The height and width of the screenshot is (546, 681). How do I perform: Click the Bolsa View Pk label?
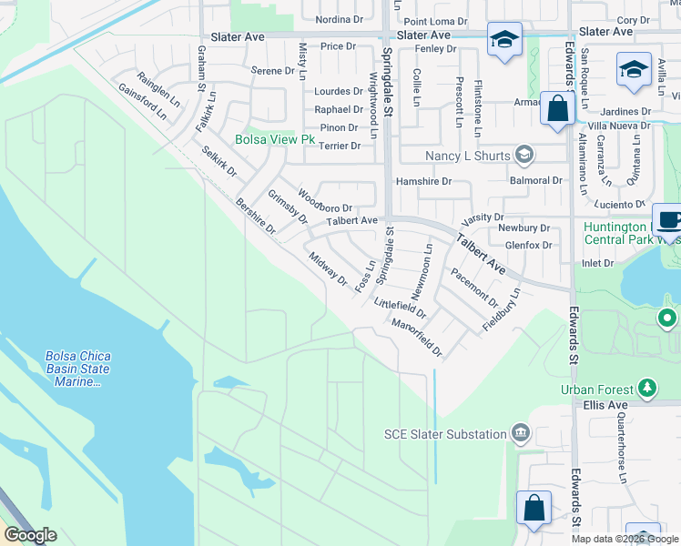pyautogui.click(x=274, y=140)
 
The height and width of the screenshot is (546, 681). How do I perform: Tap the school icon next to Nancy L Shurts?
pyautogui.click(x=523, y=154)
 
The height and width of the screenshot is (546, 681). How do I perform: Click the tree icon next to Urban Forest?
pyautogui.click(x=647, y=389)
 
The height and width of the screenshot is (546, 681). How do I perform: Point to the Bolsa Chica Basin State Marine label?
pyautogui.click(x=77, y=369)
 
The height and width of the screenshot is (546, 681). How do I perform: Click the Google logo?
pyautogui.click(x=30, y=535)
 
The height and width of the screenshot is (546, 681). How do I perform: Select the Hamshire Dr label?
pyautogui.click(x=423, y=181)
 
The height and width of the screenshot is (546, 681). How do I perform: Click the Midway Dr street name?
pyautogui.click(x=328, y=268)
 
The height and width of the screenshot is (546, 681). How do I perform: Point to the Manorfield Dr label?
pyautogui.click(x=416, y=337)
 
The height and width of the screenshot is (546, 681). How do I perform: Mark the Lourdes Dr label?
pyautogui.click(x=338, y=91)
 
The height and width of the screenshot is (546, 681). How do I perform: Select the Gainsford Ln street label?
pyautogui.click(x=142, y=102)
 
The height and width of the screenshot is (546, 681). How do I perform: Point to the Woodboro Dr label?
pyautogui.click(x=324, y=202)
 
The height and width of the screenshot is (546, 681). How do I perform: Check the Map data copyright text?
pyautogui.click(x=625, y=539)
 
